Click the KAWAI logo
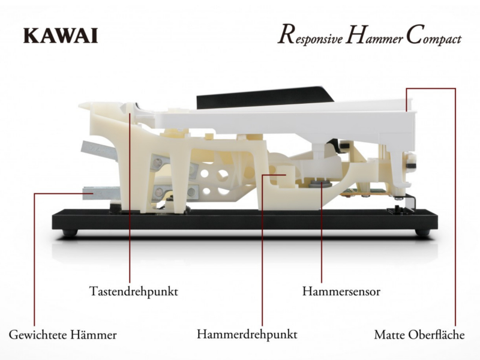(61, 35)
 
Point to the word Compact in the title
(434, 36)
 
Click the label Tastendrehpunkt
(133, 291)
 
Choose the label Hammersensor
(341, 291)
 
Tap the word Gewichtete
(38, 335)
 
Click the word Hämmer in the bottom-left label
(94, 334)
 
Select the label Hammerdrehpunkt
(247, 334)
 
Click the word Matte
(389, 335)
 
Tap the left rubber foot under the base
(70, 232)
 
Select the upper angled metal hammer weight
(99, 151)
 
